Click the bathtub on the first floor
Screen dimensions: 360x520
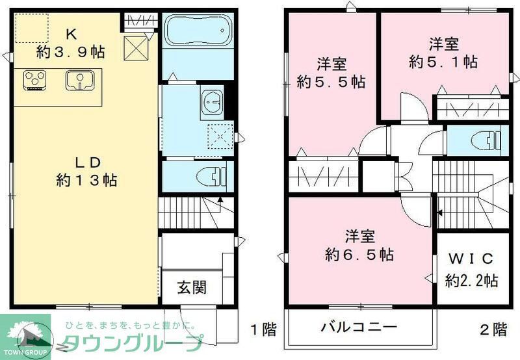(196, 31)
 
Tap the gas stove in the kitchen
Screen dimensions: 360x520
(36, 80)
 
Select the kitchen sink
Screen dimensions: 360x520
(79, 81)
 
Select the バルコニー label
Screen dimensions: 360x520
(358, 326)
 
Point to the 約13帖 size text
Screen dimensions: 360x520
(86, 180)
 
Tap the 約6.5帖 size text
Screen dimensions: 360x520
(359, 255)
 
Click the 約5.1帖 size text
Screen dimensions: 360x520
(444, 62)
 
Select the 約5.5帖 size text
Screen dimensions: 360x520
(331, 83)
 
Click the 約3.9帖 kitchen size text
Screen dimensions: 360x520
(71, 51)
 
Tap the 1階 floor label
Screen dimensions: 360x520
(263, 329)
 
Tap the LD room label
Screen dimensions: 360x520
(86, 161)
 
